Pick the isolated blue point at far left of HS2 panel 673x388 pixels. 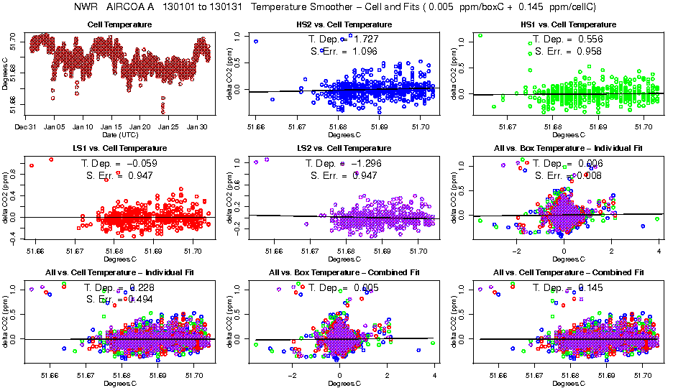[256, 42]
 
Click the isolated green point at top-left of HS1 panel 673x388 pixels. [480, 35]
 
